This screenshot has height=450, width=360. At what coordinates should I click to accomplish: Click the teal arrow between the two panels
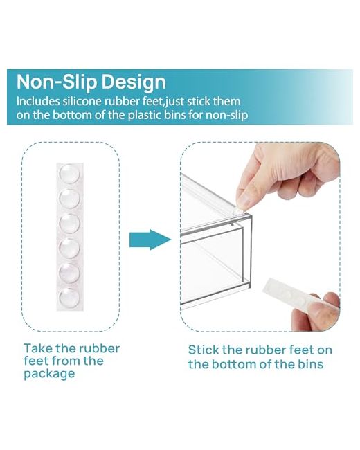(150, 240)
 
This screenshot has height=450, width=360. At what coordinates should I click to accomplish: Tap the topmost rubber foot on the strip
(69, 174)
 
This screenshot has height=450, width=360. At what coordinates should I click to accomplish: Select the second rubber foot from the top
(69, 198)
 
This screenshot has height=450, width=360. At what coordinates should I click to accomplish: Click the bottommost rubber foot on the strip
(69, 298)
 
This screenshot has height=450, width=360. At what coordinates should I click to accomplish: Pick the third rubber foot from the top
(69, 224)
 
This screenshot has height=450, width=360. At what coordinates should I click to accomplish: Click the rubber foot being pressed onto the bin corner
(238, 212)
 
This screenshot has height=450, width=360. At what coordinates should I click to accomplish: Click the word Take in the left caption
(38, 348)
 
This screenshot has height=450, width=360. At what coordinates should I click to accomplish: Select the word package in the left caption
(49, 374)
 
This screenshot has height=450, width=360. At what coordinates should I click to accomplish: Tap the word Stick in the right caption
(204, 350)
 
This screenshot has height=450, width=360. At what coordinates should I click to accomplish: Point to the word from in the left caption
(66, 361)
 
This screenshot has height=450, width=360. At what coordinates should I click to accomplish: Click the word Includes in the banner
(38, 101)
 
